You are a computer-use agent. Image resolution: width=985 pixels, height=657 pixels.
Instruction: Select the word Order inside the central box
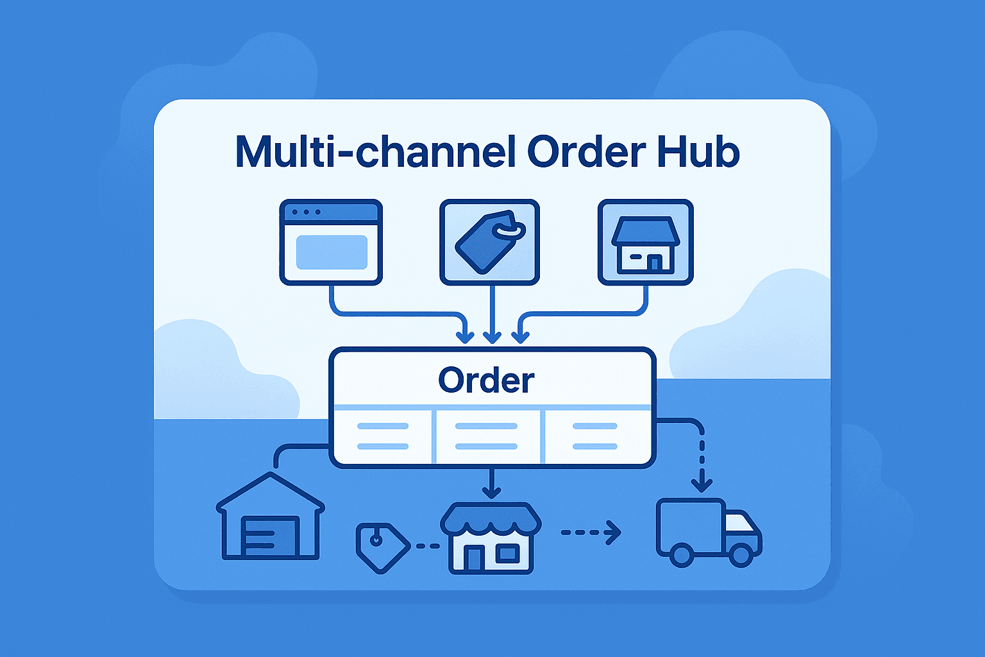coord(486,380)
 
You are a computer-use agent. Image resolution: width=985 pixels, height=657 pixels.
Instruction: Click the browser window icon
coord(331,242)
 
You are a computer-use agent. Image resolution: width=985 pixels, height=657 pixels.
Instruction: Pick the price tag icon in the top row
coord(489,242)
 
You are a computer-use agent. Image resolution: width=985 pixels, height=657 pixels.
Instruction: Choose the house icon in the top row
coord(645,242)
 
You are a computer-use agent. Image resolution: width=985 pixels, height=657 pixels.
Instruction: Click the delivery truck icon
coord(708,532)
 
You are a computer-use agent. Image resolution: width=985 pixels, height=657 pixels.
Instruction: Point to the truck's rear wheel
coord(681,554)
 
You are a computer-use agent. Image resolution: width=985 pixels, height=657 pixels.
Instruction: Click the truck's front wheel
coord(741,554)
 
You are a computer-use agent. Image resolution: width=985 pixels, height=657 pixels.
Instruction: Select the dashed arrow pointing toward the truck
coord(591,532)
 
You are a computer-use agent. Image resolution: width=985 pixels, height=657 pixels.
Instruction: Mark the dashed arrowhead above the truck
coord(702,484)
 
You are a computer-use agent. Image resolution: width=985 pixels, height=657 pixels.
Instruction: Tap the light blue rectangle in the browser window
coord(332,252)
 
